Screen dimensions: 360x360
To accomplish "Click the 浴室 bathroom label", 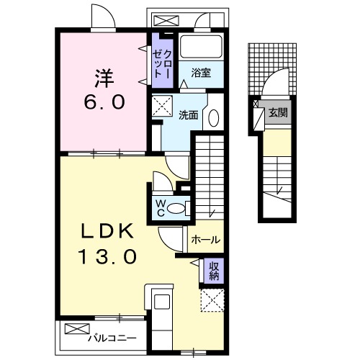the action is (x=201, y=73).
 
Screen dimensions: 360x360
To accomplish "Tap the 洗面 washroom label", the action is (x=189, y=115).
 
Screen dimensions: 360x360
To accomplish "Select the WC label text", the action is (x=161, y=208).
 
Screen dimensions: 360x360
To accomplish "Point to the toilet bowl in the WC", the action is (x=176, y=208).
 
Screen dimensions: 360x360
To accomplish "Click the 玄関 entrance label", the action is (x=278, y=112).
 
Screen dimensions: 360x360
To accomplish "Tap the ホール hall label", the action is (x=206, y=239).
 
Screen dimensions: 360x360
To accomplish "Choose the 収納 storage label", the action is (x=214, y=271).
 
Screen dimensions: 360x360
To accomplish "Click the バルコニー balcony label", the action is (x=112, y=338).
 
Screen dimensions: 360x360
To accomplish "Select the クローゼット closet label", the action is (x=162, y=63).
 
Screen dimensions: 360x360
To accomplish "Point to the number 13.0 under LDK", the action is (x=107, y=256).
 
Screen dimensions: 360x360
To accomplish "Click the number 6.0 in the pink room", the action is (x=104, y=102).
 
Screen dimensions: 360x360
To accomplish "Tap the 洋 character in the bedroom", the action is (x=104, y=78).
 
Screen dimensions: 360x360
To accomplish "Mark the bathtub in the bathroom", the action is (x=201, y=47).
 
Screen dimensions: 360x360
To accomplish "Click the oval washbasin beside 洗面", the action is (x=213, y=118).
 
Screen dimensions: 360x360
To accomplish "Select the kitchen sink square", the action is (x=162, y=302).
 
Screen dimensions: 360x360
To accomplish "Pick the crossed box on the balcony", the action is (x=77, y=328).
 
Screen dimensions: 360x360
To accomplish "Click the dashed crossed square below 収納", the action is (x=212, y=300).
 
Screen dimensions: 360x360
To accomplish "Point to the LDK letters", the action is (x=107, y=231).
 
